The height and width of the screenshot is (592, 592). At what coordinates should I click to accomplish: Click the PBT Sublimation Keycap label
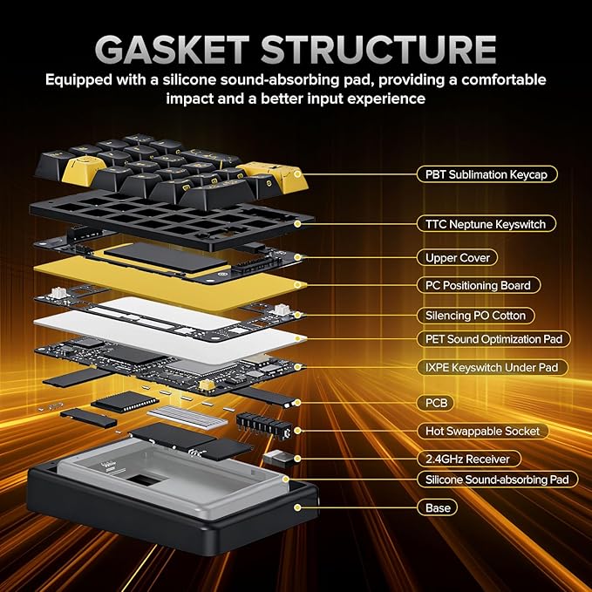click(x=486, y=174)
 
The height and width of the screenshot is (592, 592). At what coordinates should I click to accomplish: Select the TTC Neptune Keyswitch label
click(x=486, y=224)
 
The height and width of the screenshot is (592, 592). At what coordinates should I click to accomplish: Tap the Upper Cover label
click(x=457, y=257)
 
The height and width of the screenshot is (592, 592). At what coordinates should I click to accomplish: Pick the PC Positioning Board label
click(x=478, y=285)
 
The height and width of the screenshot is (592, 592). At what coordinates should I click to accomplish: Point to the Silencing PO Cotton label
click(x=475, y=315)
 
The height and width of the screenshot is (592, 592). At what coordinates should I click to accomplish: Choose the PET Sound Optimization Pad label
click(x=493, y=338)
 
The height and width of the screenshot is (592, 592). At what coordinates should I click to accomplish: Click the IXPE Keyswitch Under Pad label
click(x=492, y=367)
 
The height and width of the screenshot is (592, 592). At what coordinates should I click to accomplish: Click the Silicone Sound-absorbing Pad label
click(x=497, y=479)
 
